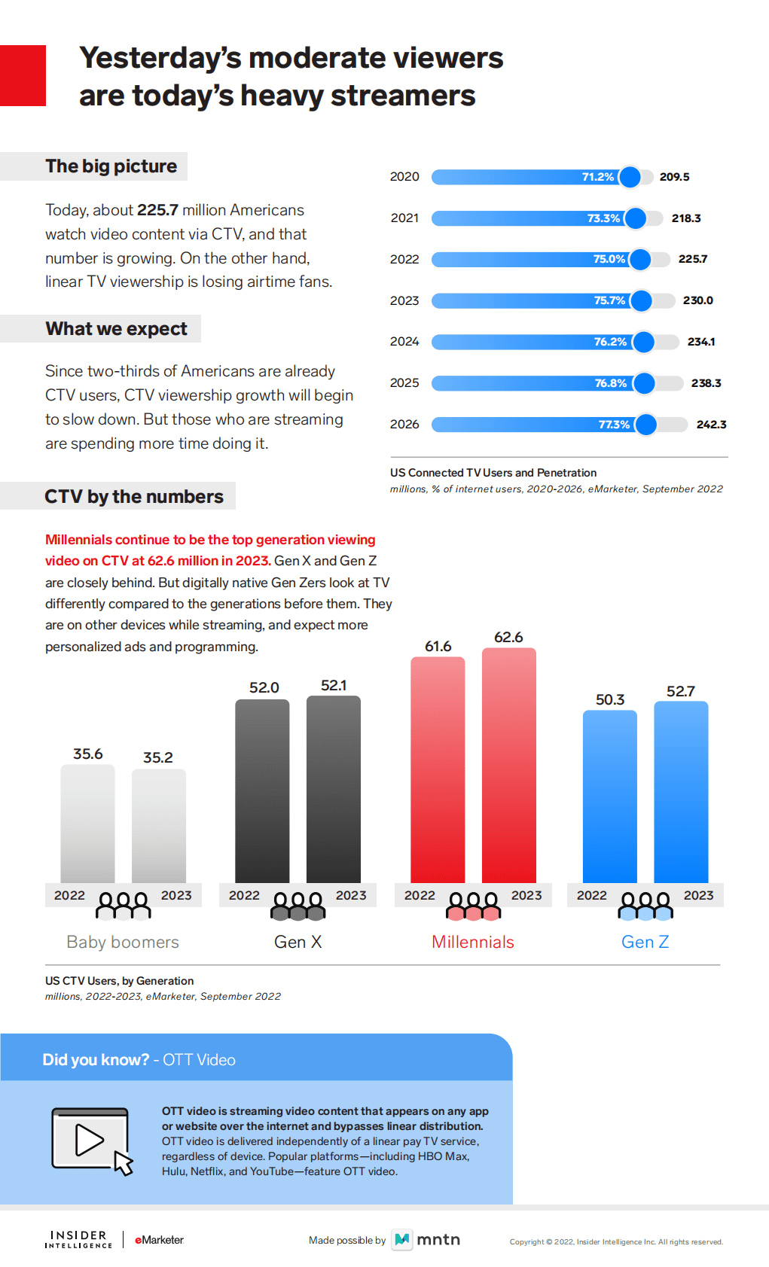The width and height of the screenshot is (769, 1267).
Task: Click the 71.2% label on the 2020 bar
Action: (597, 177)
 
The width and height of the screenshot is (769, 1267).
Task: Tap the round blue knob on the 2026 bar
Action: (645, 425)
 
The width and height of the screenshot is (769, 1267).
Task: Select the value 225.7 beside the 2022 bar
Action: (692, 259)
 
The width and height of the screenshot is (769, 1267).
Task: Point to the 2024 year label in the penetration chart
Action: (404, 342)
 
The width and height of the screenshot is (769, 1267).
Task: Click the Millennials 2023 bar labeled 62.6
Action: (508, 764)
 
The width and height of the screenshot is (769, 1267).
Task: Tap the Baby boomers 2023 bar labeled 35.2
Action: (158, 825)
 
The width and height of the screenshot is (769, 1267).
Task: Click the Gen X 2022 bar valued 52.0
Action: (262, 790)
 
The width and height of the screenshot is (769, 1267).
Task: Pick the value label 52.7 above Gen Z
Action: (680, 691)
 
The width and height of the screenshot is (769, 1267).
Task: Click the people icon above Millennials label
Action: (473, 906)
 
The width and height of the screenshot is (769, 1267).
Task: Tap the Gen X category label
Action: (298, 942)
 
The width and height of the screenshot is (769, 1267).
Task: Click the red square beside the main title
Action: (23, 75)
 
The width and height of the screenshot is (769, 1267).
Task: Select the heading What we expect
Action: (116, 329)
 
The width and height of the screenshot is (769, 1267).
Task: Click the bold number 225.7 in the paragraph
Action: (157, 210)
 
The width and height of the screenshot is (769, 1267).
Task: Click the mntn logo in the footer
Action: (426, 1239)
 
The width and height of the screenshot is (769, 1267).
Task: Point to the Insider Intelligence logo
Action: (78, 1239)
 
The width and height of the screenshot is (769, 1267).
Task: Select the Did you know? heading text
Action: (96, 1060)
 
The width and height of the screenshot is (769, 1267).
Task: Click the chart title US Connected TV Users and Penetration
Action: (493, 473)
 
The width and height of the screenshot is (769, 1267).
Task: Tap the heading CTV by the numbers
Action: (133, 497)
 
